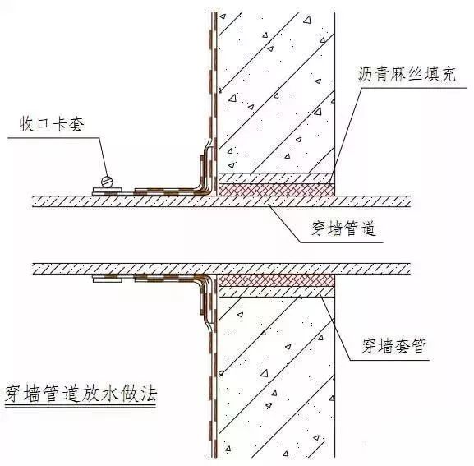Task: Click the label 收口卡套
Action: (x=52, y=124)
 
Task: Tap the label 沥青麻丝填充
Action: (x=407, y=74)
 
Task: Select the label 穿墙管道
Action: (x=344, y=228)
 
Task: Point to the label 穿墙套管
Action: (x=393, y=346)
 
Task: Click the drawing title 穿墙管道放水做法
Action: (x=81, y=393)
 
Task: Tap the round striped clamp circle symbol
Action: (x=107, y=182)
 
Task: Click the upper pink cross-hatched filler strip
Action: (x=277, y=190)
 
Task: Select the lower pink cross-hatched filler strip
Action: (x=277, y=280)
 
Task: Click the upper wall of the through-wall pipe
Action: (x=221, y=201)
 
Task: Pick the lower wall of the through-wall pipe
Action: (x=221, y=269)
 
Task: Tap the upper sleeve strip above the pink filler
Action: (x=277, y=178)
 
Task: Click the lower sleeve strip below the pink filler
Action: (x=277, y=292)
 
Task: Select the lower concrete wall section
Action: (x=277, y=377)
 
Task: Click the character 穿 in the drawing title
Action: (x=14, y=394)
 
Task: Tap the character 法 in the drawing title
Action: (x=148, y=394)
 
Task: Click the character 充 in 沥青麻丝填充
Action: (x=448, y=74)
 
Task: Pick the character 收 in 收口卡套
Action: (x=27, y=124)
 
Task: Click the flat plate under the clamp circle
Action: (x=108, y=191)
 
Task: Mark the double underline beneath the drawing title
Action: (x=81, y=405)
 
